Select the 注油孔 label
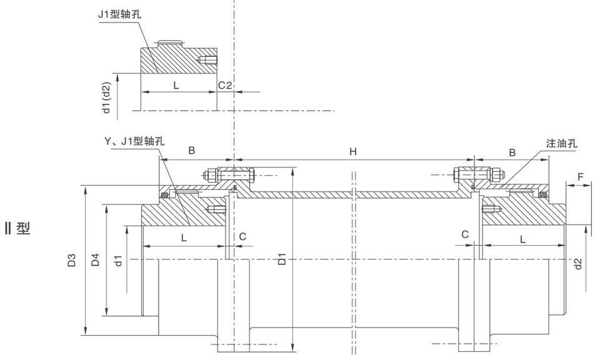pos(561,143)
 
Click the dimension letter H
pos(353,151)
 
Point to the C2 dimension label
pos(225,85)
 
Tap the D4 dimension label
pos(95,260)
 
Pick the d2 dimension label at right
pos(578,264)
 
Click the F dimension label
pos(581,177)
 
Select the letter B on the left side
pos(192,151)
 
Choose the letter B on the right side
pos(512,151)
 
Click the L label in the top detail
pos(176,86)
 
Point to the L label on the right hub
pos(522,239)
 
